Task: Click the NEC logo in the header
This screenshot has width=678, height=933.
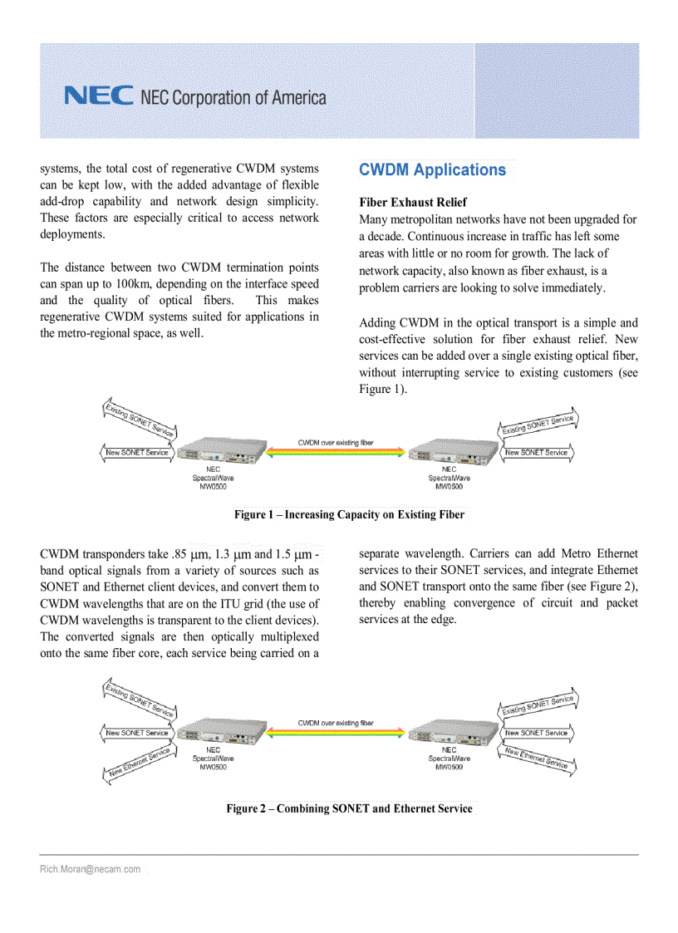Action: (x=98, y=96)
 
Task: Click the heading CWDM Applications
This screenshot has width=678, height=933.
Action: (x=432, y=170)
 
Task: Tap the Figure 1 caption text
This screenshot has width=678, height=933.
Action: (x=349, y=515)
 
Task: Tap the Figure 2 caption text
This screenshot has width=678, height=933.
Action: (x=349, y=808)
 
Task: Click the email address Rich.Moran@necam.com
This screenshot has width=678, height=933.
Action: (x=90, y=869)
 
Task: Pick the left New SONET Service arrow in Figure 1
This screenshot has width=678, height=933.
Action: (x=137, y=453)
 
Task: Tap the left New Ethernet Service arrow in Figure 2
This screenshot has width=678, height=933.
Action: (x=139, y=762)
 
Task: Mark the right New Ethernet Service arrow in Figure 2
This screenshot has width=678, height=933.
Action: (x=538, y=758)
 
